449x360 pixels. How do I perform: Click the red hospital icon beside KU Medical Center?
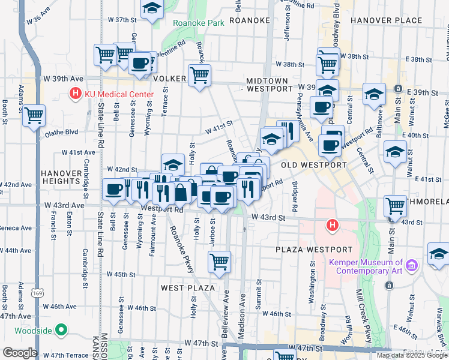point(76,94)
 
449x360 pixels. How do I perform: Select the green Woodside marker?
point(61,330)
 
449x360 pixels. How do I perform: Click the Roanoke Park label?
point(198,23)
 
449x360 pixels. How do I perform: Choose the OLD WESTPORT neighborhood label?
point(313,165)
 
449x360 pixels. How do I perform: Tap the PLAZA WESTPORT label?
point(314,250)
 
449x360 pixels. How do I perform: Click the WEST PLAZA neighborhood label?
point(187,288)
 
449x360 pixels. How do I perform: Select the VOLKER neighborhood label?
point(170,79)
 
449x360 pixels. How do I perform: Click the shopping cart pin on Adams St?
point(34,115)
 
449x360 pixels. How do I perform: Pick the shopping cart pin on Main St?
point(396,206)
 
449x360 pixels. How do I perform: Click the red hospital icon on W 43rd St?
point(331,226)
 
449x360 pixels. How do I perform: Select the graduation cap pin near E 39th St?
point(374,95)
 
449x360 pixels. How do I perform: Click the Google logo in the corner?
point(20,353)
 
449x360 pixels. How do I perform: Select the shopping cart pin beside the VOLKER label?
point(199,76)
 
